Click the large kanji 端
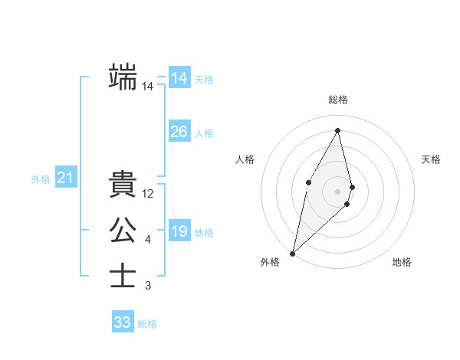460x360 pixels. click(123, 77)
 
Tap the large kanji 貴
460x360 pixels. click(123, 185)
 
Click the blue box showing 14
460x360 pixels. click(179, 78)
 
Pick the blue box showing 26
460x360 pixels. click(179, 132)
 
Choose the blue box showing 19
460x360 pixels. click(179, 231)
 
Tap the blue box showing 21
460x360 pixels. click(65, 178)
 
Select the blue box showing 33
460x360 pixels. click(122, 322)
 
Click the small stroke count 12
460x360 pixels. click(148, 194)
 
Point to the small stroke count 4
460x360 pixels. click(148, 240)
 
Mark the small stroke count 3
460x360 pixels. click(148, 286)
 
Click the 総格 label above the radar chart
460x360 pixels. click(337, 100)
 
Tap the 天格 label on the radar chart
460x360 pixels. click(431, 159)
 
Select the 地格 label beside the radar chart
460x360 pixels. click(402, 262)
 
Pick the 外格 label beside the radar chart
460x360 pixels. click(270, 262)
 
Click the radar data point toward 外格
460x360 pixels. click(292, 253)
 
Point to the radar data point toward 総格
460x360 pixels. click(337, 130)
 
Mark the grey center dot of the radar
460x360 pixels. click(337, 191)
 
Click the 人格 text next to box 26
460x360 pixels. click(204, 133)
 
